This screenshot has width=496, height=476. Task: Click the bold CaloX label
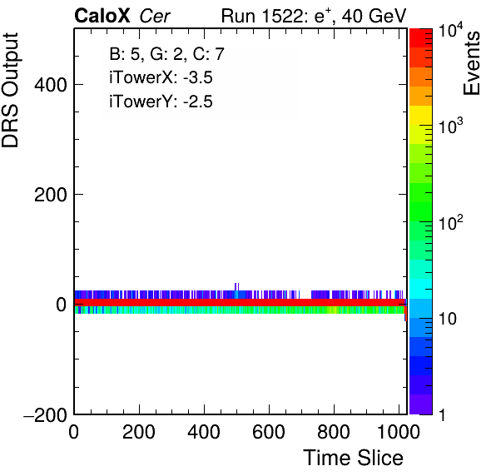pyautogui.click(x=102, y=16)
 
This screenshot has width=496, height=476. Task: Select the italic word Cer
pyautogui.click(x=155, y=16)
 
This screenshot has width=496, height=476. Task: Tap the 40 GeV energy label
pyautogui.click(x=374, y=16)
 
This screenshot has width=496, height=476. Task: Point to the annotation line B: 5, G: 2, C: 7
pyautogui.click(x=167, y=54)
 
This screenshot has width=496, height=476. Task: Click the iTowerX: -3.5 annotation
pyautogui.click(x=161, y=77)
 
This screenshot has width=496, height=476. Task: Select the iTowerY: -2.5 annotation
pyautogui.click(x=161, y=102)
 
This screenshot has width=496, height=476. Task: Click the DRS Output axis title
pyautogui.click(x=10, y=90)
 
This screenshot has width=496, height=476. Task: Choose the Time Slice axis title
pyautogui.click(x=354, y=458)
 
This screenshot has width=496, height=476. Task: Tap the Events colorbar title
pyautogui.click(x=471, y=63)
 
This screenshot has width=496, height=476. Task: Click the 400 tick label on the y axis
pyautogui.click(x=51, y=85)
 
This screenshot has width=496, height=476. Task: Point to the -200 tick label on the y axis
pyautogui.click(x=45, y=414)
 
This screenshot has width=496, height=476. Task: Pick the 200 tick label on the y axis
pyautogui.click(x=51, y=195)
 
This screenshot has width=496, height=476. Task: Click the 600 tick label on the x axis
pyautogui.click(x=269, y=431)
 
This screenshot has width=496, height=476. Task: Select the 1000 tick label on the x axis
pyautogui.click(x=399, y=431)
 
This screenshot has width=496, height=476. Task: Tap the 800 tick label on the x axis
pyautogui.click(x=334, y=431)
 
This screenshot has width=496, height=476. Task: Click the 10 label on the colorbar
pyautogui.click(x=448, y=320)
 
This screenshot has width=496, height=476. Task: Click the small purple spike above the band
pyautogui.click(x=236, y=286)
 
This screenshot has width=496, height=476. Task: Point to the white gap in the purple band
pyautogui.click(x=305, y=295)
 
